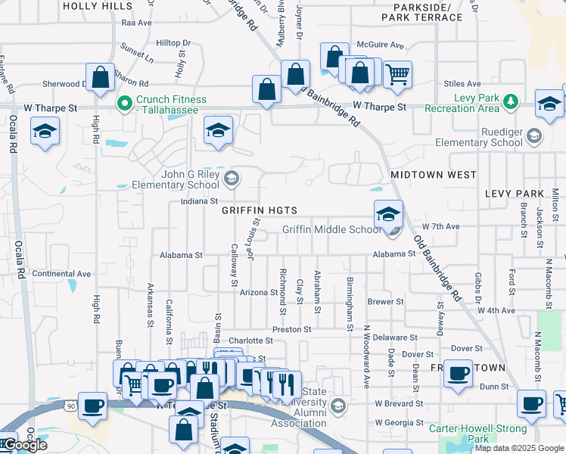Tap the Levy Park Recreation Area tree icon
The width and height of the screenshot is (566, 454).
tap(511, 100)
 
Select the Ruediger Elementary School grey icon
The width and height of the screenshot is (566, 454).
tap(535, 136)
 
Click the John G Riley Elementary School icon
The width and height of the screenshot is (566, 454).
tap(232, 179)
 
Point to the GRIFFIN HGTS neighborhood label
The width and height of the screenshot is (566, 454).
tap(259, 210)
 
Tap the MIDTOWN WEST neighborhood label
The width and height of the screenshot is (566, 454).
tap(433, 175)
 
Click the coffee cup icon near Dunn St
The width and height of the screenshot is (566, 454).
tap(458, 373)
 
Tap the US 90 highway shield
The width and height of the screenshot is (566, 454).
tap(71, 407)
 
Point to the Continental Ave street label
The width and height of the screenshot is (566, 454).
tap(61, 274)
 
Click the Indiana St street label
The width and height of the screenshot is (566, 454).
tap(199, 202)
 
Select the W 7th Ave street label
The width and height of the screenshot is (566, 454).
tap(441, 226)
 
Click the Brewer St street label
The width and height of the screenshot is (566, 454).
tap(385, 301)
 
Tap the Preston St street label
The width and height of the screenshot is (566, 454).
tap(292, 330)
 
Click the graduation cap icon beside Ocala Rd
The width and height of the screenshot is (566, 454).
tap(45, 131)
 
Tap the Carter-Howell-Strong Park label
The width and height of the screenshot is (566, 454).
tap(468, 434)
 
